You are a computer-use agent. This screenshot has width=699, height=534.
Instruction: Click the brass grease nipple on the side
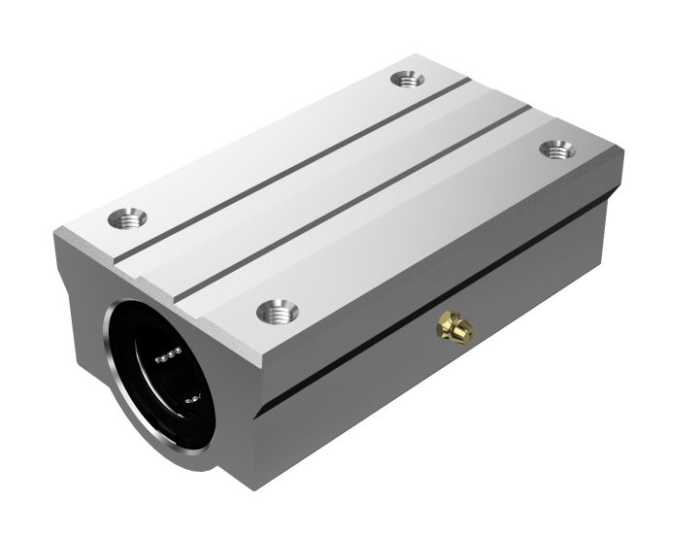(x=453, y=328)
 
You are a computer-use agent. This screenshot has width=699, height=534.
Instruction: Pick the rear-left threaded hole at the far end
(x=405, y=80)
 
